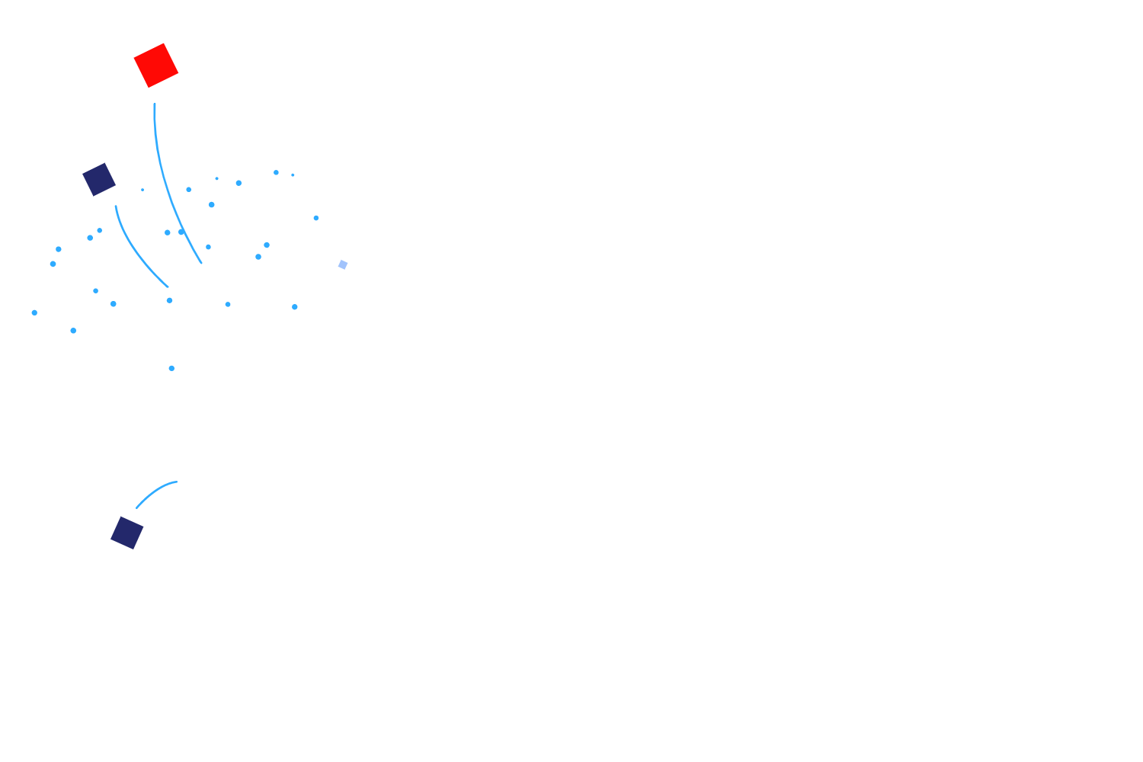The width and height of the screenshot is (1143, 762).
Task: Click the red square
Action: tap(156, 66)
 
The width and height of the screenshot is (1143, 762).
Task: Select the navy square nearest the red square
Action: tap(99, 179)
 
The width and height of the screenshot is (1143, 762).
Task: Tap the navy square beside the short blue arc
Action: tap(127, 533)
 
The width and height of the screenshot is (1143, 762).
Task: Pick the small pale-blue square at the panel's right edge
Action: tap(343, 264)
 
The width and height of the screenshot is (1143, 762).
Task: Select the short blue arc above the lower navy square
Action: tap(155, 492)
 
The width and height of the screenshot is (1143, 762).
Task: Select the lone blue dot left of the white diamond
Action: tap(171, 368)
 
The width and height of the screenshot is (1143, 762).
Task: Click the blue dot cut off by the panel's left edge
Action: tap(34, 312)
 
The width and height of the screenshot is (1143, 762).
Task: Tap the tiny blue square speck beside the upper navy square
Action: tap(142, 190)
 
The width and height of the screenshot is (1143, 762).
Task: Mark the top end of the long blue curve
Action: tap(155, 104)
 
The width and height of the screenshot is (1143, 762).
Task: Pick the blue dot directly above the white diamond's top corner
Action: tap(295, 307)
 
